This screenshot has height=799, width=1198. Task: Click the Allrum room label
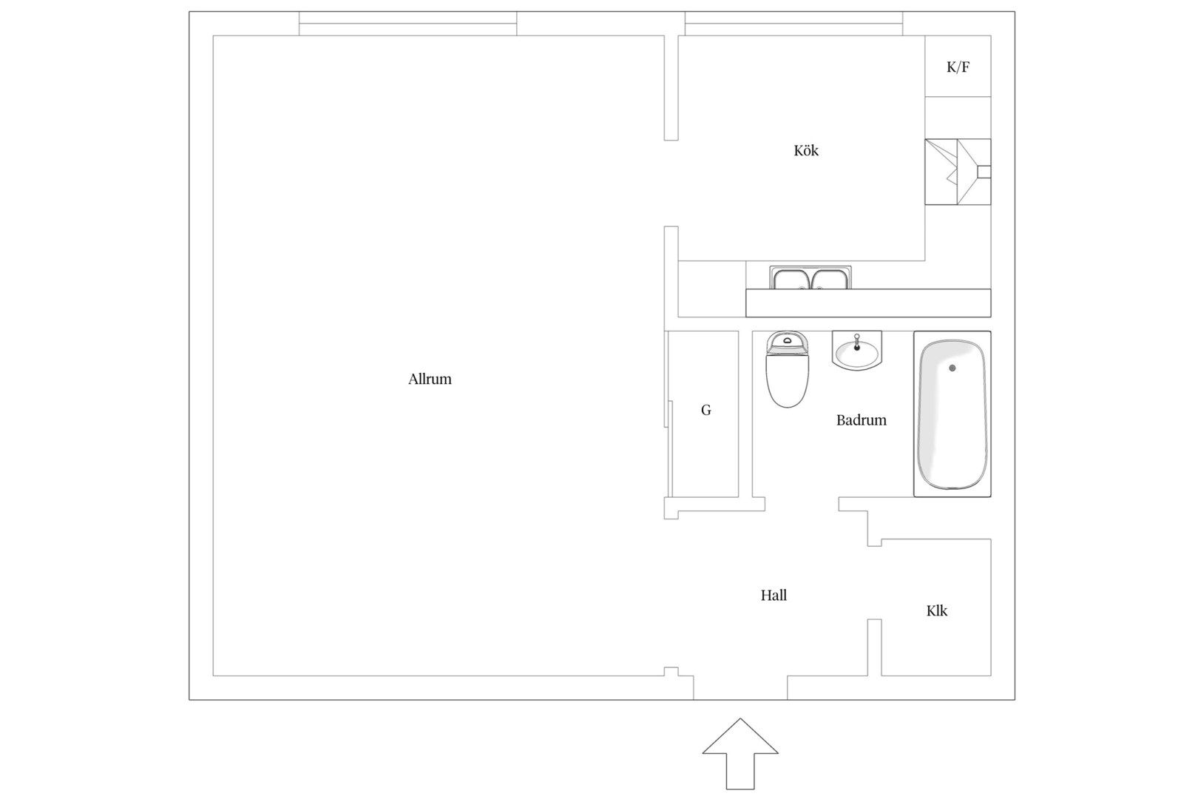[430, 380]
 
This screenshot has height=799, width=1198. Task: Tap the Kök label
[806, 151]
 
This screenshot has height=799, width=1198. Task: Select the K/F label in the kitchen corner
[958, 67]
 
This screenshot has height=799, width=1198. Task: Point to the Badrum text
[861, 420]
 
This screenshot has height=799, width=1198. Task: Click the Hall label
[774, 595]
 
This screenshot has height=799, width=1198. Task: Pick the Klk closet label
[936, 610]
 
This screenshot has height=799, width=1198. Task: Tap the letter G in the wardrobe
[706, 410]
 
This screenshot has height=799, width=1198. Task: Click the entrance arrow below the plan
[740, 754]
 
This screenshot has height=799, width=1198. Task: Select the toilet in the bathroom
[788, 369]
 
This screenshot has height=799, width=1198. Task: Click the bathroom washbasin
[857, 351]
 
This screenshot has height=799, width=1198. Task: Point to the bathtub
[952, 414]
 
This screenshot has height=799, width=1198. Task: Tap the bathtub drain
[952, 368]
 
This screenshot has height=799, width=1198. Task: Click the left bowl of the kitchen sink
[791, 280]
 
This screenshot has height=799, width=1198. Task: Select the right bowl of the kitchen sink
[830, 280]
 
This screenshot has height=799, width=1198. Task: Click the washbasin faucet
[857, 342]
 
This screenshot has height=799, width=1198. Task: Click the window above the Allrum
[407, 24]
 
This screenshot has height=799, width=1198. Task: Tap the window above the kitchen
[793, 24]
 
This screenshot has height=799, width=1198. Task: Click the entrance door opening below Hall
[740, 688]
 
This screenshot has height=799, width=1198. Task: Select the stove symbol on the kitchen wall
[958, 172]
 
